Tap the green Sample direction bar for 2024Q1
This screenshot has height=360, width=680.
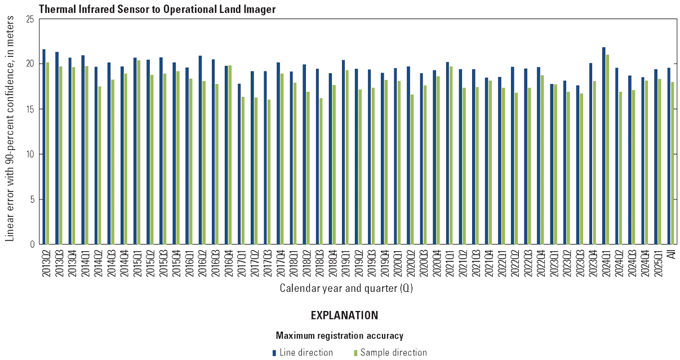(x=607, y=149)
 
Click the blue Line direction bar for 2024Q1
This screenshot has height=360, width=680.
(x=603, y=146)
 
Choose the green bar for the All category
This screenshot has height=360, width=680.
(x=673, y=163)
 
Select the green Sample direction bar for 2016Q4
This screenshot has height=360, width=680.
(x=230, y=155)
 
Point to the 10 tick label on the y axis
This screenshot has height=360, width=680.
(x=30, y=154)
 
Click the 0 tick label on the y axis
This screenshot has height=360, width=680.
(x=33, y=245)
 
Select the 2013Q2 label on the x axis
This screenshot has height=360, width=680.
(x=46, y=262)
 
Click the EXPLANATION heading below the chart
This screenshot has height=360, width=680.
(x=344, y=315)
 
